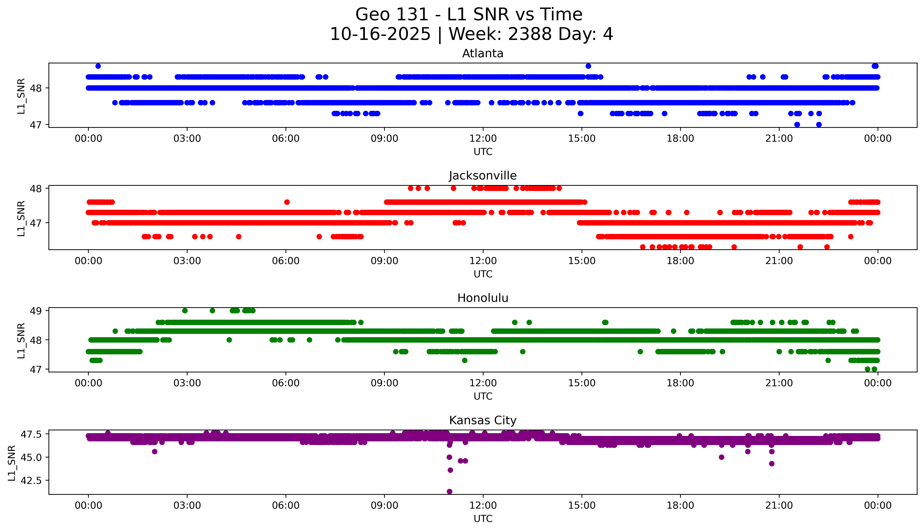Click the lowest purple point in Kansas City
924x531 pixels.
[x=449, y=491]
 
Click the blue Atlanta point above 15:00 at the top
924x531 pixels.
[x=588, y=66]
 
